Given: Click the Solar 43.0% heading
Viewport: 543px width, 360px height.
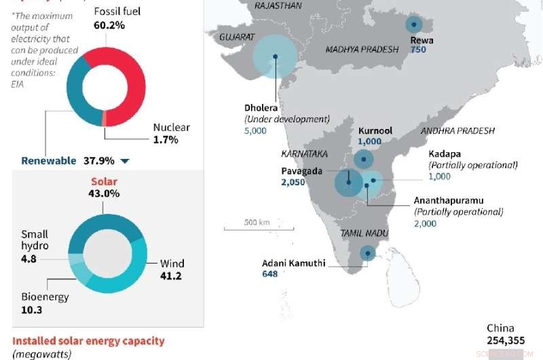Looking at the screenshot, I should click(x=104, y=187).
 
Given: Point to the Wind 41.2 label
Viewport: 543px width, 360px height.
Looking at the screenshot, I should click(x=172, y=270).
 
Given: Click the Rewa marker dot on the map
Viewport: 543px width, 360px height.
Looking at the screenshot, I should click(x=413, y=25).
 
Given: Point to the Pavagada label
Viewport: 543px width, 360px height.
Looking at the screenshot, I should click(x=302, y=170).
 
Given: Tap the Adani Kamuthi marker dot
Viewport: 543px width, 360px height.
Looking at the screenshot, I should click(x=367, y=253).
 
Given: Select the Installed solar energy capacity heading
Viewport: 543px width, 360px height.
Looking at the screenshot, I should click(x=88, y=340).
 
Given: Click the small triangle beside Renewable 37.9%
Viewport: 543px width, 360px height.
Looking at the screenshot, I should click(x=124, y=162).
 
